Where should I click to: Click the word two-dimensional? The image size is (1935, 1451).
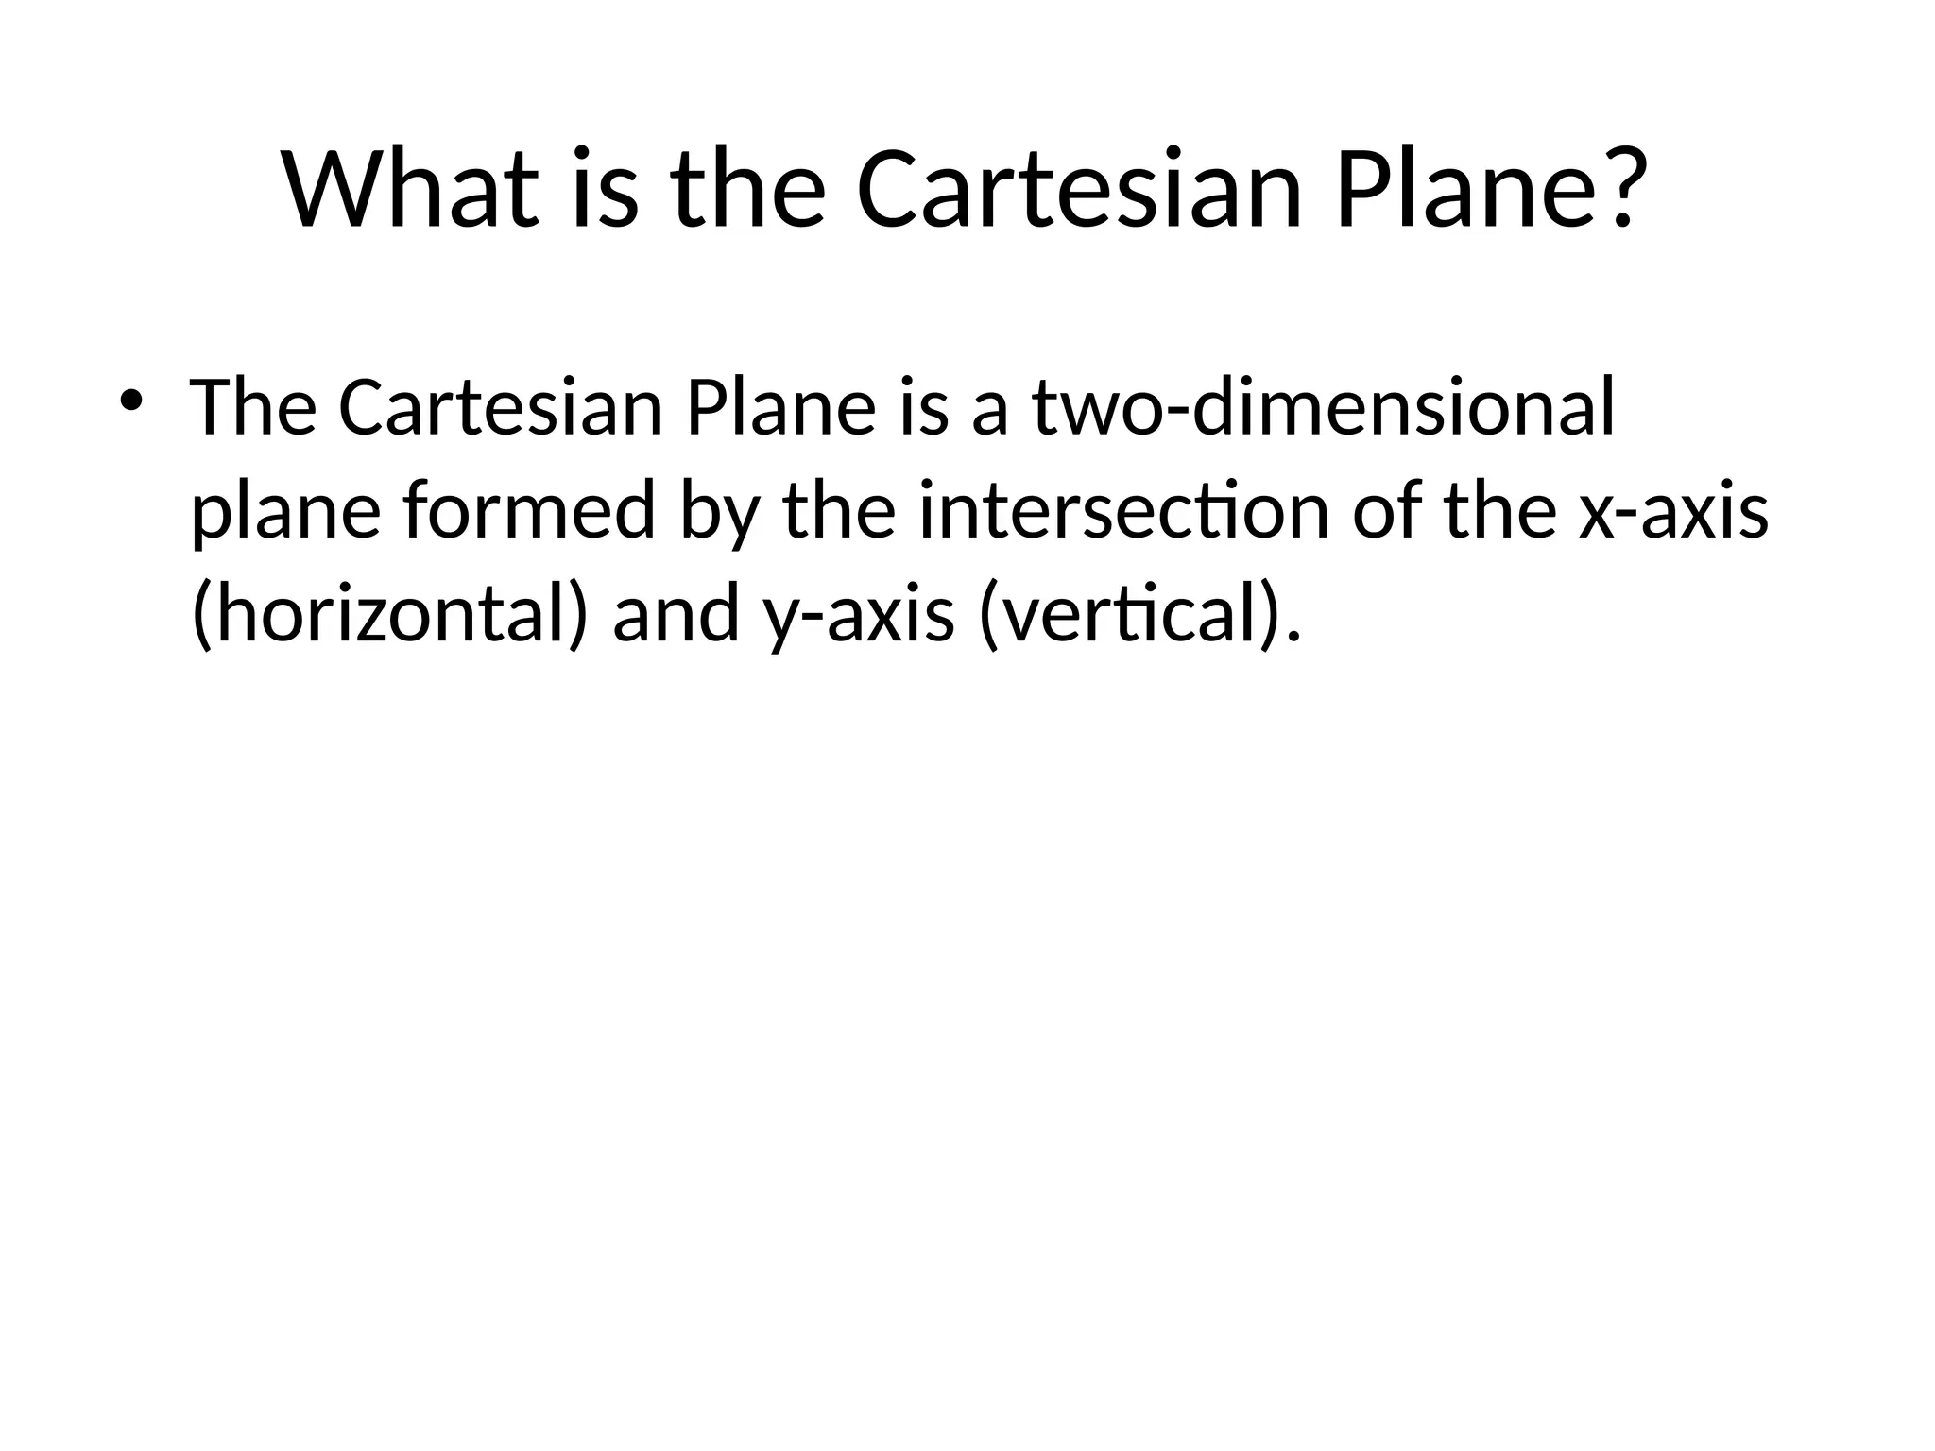pos(1324,407)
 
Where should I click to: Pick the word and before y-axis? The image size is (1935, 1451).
pos(676,614)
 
